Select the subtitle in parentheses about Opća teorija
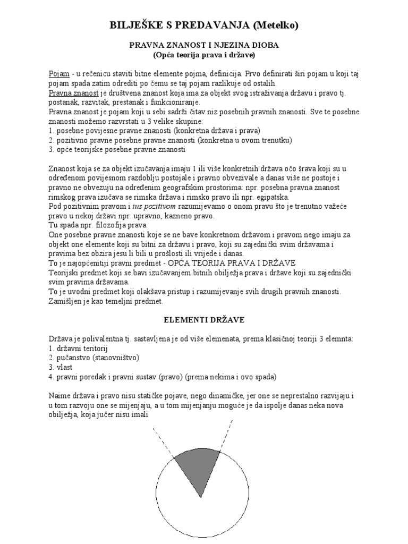tap(205, 54)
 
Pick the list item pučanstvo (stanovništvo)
tap(93, 358)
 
